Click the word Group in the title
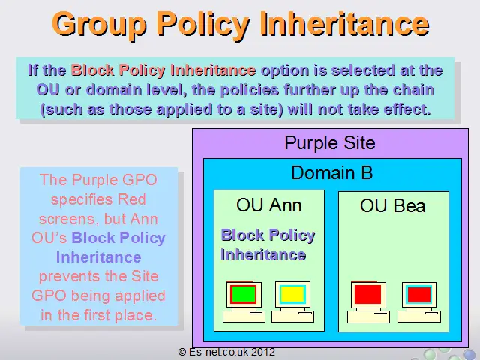pyautogui.click(x=99, y=25)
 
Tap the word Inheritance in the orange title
pyautogui.click(x=345, y=24)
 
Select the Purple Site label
pyautogui.click(x=330, y=143)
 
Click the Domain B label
pyautogui.click(x=332, y=172)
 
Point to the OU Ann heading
pyautogui.click(x=268, y=205)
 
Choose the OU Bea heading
pyautogui.click(x=393, y=205)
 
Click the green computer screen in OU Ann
pyautogui.click(x=244, y=294)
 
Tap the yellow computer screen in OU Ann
pyautogui.click(x=292, y=294)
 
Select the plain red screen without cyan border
pyautogui.click(x=367, y=294)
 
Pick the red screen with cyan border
pyautogui.click(x=419, y=295)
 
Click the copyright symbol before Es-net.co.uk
pyautogui.click(x=182, y=352)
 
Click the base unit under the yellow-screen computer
pyautogui.click(x=292, y=316)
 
